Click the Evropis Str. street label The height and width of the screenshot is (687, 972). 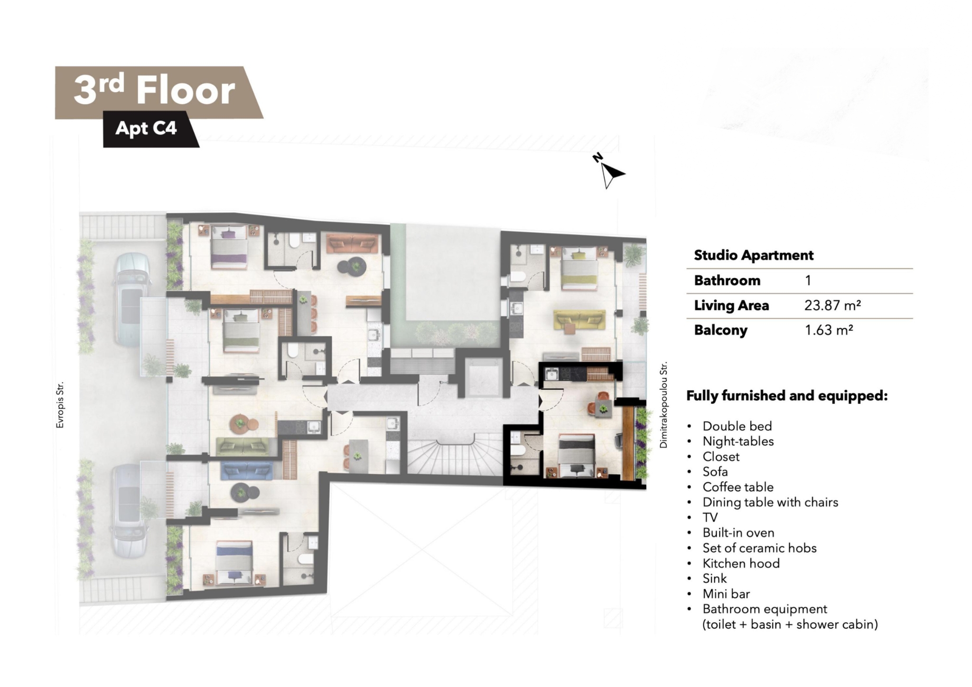tap(60, 405)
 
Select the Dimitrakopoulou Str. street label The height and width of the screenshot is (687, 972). tap(664, 405)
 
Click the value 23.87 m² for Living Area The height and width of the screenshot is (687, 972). tap(832, 305)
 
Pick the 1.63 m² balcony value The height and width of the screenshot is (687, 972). tap(829, 330)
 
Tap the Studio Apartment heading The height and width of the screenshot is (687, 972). tap(754, 255)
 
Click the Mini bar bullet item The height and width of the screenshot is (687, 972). tap(726, 594)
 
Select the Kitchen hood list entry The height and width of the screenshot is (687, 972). tap(741, 564)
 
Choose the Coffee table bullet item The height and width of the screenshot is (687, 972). tap(738, 487)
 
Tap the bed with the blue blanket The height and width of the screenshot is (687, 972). tap(234, 563)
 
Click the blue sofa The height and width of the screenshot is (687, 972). tap(246, 470)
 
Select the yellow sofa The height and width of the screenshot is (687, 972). tap(579, 320)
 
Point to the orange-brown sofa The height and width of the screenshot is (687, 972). tap(352, 244)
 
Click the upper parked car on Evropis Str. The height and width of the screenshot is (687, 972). tap(131, 298)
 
